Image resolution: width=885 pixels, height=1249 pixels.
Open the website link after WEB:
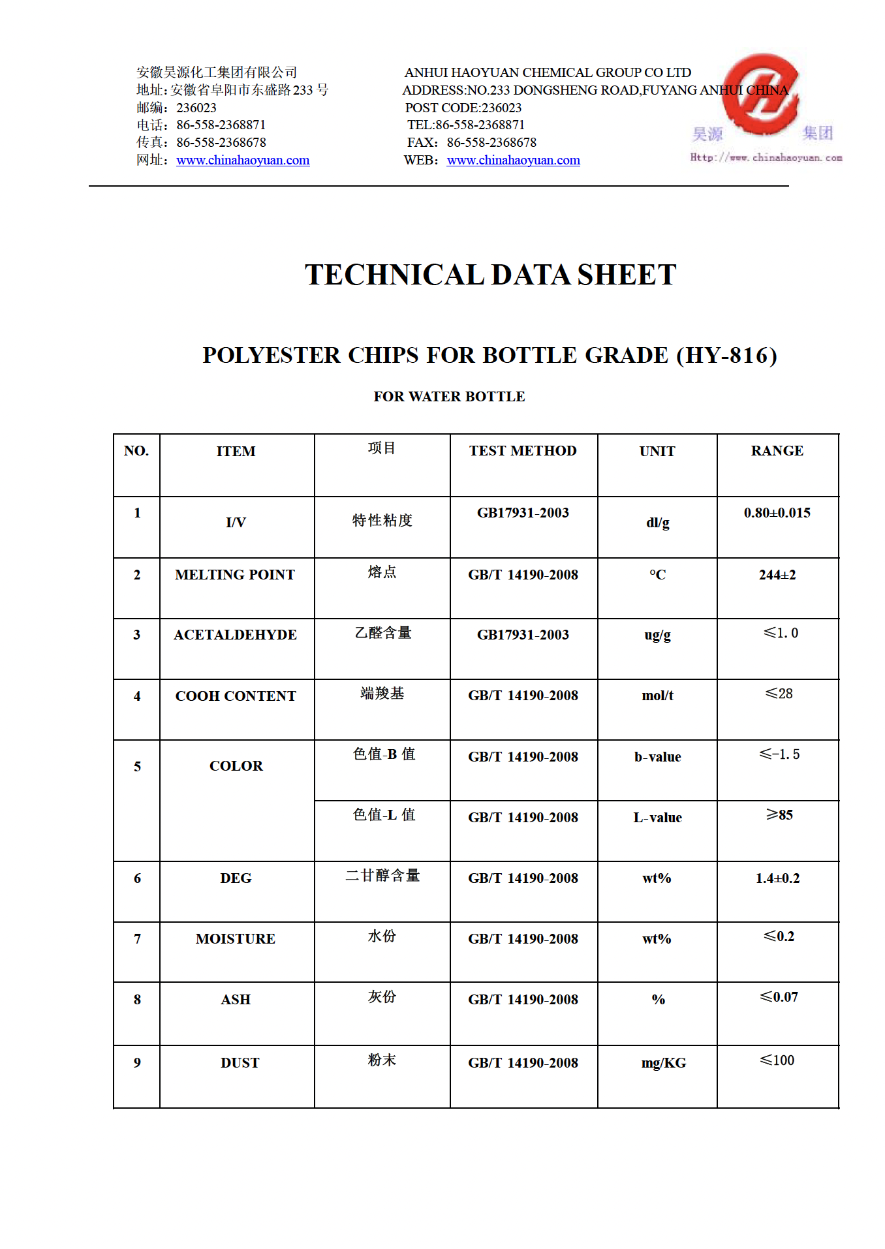(x=513, y=161)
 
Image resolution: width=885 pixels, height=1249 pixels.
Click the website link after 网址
(x=243, y=161)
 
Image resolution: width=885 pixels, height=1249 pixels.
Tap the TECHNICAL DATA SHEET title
(x=490, y=275)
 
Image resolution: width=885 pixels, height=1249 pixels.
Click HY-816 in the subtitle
(x=728, y=356)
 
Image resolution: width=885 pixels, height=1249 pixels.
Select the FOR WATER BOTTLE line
(x=449, y=397)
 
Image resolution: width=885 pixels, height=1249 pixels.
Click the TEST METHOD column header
(x=523, y=451)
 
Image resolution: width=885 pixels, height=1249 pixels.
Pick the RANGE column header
(x=777, y=451)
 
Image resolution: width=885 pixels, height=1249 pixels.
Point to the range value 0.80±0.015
(x=777, y=513)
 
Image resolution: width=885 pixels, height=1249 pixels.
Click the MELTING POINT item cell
(x=235, y=575)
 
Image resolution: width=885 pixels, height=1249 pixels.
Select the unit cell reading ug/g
(x=657, y=635)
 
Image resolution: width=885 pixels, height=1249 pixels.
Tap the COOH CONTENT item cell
(x=236, y=696)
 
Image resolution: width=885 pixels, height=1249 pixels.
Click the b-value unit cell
(x=657, y=757)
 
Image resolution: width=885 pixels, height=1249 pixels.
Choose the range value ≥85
(x=779, y=815)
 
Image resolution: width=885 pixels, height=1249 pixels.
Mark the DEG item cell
(x=236, y=878)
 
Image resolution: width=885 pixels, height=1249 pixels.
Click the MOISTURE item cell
(x=236, y=939)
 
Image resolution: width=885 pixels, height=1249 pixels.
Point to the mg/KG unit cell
(x=663, y=1063)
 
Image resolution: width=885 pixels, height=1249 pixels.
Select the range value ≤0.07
(x=779, y=997)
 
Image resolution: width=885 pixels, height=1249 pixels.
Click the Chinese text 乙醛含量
(x=383, y=633)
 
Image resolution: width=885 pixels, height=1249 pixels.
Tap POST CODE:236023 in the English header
(x=463, y=108)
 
